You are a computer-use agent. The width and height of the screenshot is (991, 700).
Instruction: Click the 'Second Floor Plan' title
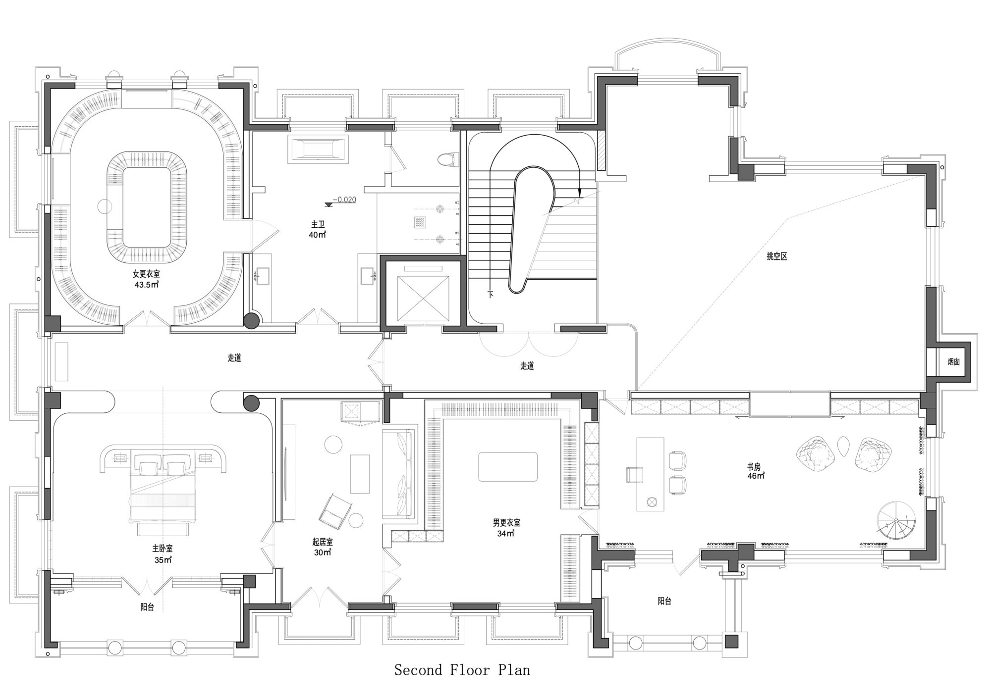point(462,670)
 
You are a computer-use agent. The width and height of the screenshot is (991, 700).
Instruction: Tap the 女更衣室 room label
point(146,274)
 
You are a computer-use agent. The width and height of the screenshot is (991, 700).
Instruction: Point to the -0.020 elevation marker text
point(344,200)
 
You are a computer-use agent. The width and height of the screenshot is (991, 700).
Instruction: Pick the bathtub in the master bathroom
point(318,149)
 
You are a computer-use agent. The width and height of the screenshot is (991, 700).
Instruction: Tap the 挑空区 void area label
point(777,256)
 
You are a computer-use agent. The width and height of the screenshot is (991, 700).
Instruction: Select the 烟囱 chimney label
point(954,362)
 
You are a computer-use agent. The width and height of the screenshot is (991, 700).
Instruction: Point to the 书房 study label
point(754,467)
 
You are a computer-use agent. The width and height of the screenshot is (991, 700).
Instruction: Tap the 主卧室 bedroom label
point(163,549)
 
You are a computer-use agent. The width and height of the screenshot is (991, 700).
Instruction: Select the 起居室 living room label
point(323,542)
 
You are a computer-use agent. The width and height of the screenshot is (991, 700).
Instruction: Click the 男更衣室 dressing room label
point(506,522)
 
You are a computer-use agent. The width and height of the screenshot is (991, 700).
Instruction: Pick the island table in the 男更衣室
point(508,466)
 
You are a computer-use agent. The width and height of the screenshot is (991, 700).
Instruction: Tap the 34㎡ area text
point(506,533)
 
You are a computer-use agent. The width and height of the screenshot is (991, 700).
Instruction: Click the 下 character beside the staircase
point(491,294)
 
